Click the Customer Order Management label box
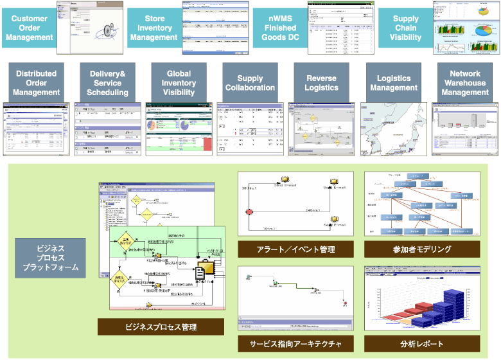[x=29, y=28]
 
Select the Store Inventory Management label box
[x=154, y=28]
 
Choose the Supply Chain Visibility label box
[x=405, y=28]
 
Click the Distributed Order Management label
[x=35, y=83]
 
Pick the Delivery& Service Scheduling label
[x=107, y=83]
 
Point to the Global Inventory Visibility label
[x=179, y=83]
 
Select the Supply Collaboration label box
[x=250, y=83]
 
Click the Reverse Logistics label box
[x=321, y=83]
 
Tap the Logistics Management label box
[x=393, y=83]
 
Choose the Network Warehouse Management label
[x=465, y=83]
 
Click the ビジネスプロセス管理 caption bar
[x=161, y=327]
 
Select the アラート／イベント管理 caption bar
[x=295, y=249]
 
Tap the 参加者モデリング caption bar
[x=421, y=249]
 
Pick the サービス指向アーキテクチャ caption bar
[x=295, y=343]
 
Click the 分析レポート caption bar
[x=421, y=343]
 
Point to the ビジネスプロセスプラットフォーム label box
[x=50, y=257]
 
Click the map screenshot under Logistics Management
[x=392, y=129]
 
